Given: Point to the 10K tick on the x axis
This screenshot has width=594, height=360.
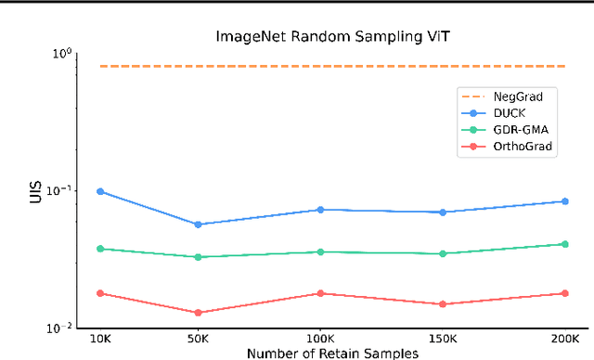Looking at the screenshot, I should point(100,339).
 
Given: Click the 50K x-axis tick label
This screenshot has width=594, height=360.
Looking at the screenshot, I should point(198,339).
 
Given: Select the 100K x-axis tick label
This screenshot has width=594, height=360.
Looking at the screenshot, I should point(320,339).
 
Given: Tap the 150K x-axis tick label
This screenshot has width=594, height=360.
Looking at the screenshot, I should point(443,339).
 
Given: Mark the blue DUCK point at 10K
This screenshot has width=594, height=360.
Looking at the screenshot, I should point(100,191).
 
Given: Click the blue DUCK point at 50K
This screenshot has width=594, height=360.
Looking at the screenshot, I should point(198,225).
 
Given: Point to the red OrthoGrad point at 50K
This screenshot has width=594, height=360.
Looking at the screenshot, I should point(198,313).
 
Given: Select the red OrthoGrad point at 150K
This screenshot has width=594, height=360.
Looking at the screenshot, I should point(443,304).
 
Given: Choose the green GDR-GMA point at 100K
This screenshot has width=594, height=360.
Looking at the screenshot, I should point(320,251).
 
